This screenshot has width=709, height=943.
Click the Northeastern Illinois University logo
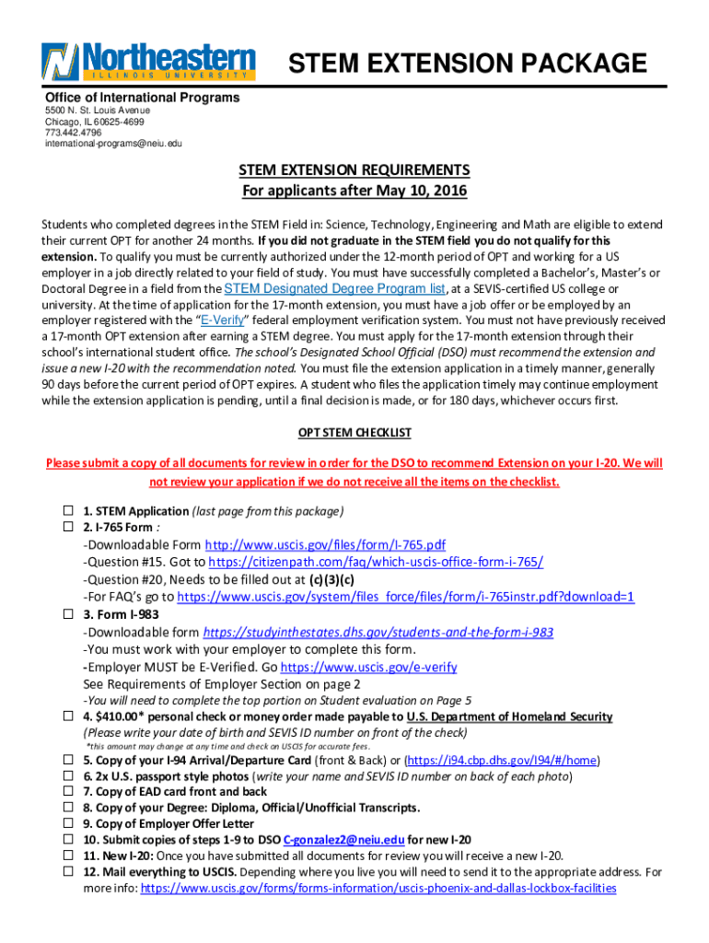(x=148, y=61)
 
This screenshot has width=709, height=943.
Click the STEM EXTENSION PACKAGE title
(x=468, y=64)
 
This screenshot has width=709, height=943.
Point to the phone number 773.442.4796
(x=74, y=133)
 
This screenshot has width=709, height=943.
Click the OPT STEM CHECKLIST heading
(x=354, y=433)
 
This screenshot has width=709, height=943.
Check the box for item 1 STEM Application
(x=67, y=511)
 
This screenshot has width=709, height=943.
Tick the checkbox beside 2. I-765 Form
(x=67, y=528)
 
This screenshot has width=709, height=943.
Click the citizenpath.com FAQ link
(x=376, y=562)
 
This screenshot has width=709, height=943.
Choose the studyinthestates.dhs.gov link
(x=378, y=633)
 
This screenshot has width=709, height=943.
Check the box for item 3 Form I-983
(x=67, y=614)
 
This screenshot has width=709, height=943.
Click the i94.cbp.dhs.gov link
(x=503, y=761)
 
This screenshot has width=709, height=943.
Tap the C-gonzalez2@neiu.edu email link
(x=344, y=839)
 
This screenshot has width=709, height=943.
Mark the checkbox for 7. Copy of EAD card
(x=67, y=792)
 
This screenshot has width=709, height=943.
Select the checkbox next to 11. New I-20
(x=67, y=856)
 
